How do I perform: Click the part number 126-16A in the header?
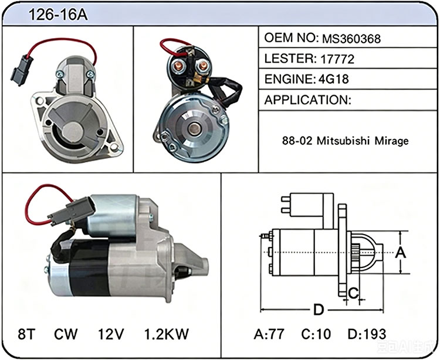pos(58,15)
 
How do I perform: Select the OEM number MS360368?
pos(351,39)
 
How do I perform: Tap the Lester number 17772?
pos(337,59)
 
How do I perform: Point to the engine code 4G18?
pos(334,79)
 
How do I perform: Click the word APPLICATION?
pos(306,100)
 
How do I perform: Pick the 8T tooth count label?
pos(27,334)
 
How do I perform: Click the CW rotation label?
pos(66,334)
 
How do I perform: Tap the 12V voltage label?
pos(110,334)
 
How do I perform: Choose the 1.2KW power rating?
pos(167,334)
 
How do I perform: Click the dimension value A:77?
pos(269,334)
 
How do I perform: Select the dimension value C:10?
pos(316,334)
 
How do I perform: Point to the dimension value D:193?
pos(367,334)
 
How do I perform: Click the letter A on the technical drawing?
pos(401,253)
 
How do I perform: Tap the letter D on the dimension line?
pos(319,310)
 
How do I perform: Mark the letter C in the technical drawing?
pos(354,293)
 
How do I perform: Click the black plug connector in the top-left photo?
pos(21,70)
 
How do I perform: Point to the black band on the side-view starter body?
pos(89,268)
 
